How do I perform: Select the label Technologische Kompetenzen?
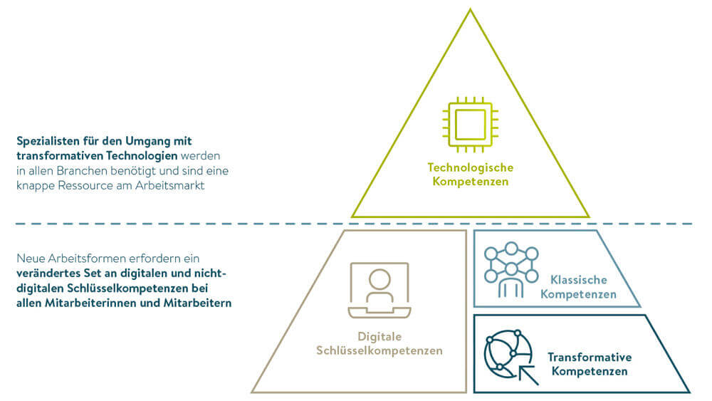470,175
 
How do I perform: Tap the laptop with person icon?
379,291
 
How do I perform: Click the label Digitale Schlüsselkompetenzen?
379,343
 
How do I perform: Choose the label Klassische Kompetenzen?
578,286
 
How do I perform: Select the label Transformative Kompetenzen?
590,364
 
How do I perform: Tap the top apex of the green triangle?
470,11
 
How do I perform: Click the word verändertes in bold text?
48,273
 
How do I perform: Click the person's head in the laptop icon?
379,278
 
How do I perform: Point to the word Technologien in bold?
142,156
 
